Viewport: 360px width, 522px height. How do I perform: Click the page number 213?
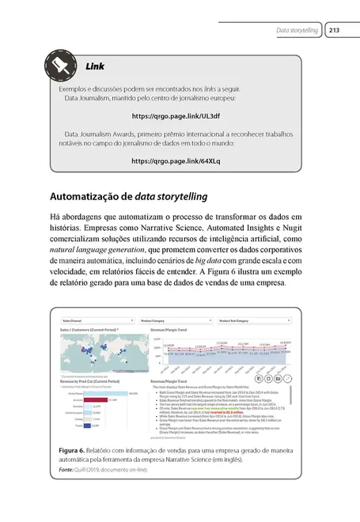point(333,31)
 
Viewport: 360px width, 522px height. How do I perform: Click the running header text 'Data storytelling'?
point(296,31)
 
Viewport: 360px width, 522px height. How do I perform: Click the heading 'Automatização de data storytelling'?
point(129,196)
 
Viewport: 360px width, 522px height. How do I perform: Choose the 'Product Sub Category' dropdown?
point(253,322)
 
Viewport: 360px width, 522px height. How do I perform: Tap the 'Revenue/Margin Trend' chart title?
point(159,330)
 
